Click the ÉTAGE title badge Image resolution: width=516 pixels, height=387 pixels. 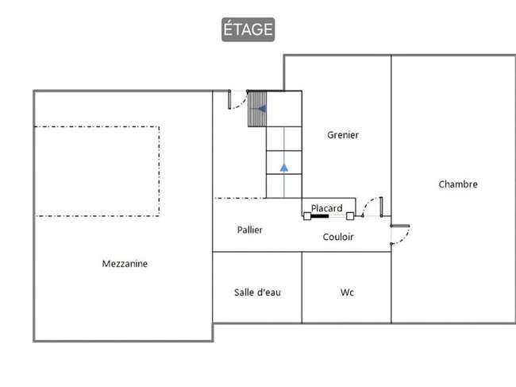coord(248,29)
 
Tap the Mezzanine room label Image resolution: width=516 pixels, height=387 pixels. coord(125,264)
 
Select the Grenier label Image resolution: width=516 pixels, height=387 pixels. coord(343,135)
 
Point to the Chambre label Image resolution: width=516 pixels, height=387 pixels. coord(458,184)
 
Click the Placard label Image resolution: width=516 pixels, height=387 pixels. coord(326,208)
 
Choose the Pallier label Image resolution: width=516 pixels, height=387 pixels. coord(250,230)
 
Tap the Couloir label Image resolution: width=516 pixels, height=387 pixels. coord(338,237)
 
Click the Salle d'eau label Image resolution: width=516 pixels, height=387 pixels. coord(257,292)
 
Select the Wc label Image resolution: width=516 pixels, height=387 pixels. coord(347,292)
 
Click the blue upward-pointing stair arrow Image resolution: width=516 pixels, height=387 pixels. coord(284,168)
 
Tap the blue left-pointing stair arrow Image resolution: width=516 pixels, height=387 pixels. coord(262,108)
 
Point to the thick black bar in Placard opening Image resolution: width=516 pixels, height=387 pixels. coord(320,216)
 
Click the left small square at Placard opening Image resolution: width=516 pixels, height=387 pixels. coord(306,216)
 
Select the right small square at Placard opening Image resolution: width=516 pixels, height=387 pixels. coord(350,216)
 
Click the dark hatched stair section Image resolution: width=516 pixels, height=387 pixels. coord(257,109)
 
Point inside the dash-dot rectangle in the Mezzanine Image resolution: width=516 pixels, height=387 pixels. coord(97,172)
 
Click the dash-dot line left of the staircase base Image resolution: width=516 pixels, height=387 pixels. coord(240,198)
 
